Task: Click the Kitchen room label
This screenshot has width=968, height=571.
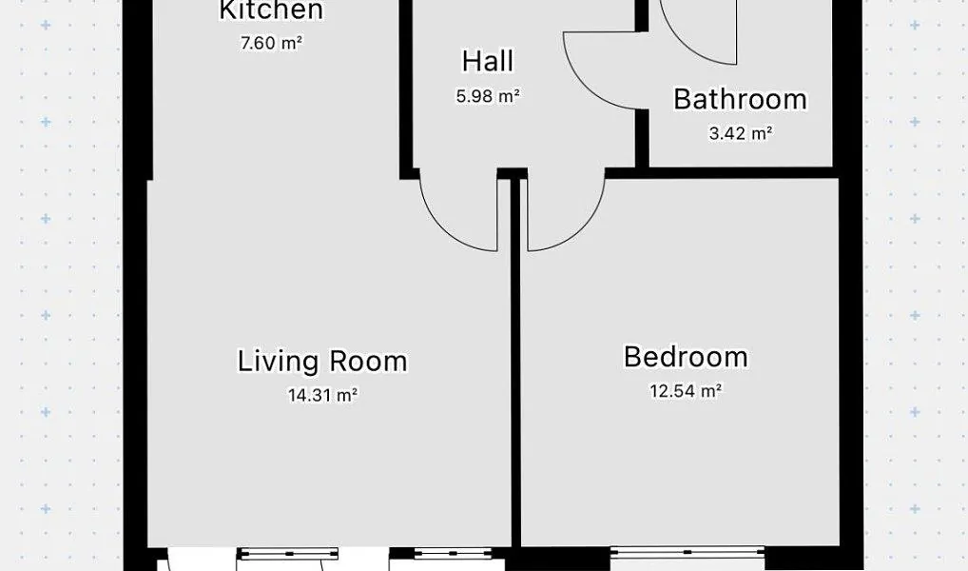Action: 271,10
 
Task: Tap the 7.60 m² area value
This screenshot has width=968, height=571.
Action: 271,43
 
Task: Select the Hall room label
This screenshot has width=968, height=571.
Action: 488,61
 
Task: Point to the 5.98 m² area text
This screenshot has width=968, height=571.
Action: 488,96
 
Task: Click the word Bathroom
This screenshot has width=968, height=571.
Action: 740,99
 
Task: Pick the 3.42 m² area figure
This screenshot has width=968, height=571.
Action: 740,133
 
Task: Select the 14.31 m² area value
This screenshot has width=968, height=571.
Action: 323,395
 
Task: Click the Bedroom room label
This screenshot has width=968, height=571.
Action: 686,357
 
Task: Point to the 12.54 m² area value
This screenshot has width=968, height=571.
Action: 686,391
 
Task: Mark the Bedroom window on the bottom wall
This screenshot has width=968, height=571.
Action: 687,554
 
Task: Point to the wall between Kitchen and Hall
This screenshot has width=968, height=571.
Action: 406,89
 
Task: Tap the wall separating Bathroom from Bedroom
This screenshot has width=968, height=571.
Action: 741,172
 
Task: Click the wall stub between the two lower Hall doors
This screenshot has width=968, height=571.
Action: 513,173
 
